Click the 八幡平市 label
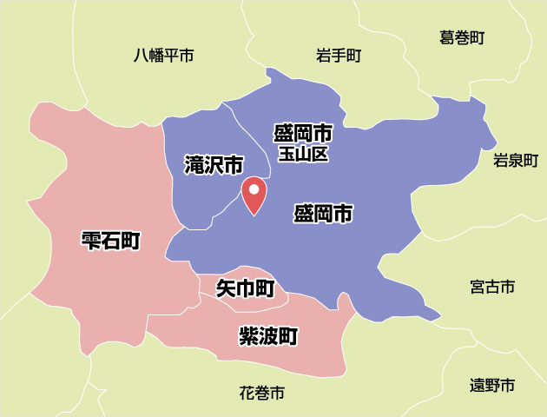point(163,56)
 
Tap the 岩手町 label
point(339,56)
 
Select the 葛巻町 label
point(461,37)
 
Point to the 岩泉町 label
point(516,160)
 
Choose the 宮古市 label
point(491,286)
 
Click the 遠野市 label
point(492,385)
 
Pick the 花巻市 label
point(261,394)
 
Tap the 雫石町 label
point(110,240)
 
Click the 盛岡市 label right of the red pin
point(323,213)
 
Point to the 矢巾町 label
point(245,288)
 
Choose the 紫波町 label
point(269,335)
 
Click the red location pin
point(254,195)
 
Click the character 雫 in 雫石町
point(90,240)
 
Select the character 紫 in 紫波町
point(249,335)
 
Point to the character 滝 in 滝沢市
point(194,164)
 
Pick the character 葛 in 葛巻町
point(447,37)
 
